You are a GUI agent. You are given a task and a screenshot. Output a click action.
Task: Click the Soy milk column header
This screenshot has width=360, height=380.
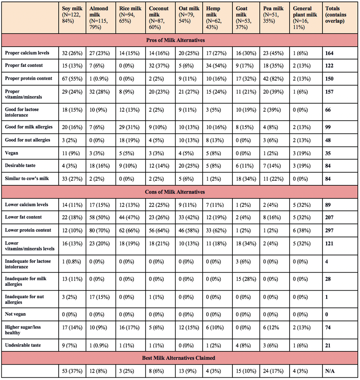tap(73, 17)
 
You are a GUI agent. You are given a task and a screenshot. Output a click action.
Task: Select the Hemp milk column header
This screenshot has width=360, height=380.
tap(218, 17)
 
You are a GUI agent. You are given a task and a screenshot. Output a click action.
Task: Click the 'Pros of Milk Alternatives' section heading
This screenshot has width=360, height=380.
tap(180, 40)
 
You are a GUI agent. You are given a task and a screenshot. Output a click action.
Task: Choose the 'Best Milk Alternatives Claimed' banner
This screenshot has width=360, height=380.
tap(180, 358)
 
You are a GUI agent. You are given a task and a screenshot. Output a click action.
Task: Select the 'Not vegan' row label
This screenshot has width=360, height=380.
tap(17, 314)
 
